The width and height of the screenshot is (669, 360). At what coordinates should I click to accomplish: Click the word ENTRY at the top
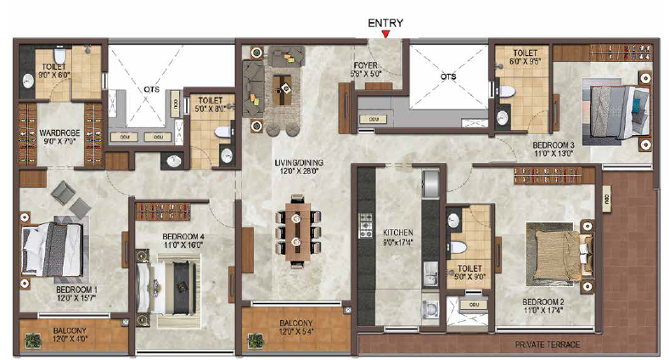pos(385,23)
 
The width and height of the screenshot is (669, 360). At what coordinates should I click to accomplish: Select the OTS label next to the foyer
pos(448,76)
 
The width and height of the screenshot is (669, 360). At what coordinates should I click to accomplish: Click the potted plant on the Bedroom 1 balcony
pos(32,340)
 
